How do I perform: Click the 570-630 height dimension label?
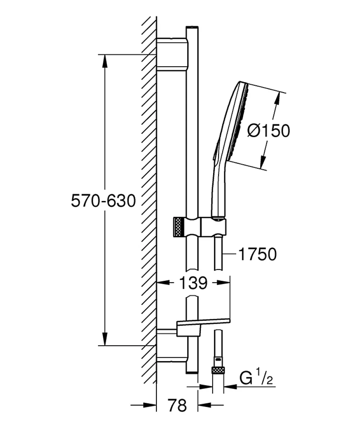(103, 201)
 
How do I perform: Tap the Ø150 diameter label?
(269, 130)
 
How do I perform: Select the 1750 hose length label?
(257, 254)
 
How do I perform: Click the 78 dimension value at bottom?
(177, 405)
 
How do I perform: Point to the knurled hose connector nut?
(218, 370)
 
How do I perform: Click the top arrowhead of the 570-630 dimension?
(105, 60)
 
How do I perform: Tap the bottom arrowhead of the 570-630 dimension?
(105, 338)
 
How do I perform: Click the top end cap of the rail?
(192, 27)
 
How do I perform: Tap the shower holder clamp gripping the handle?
(214, 226)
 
